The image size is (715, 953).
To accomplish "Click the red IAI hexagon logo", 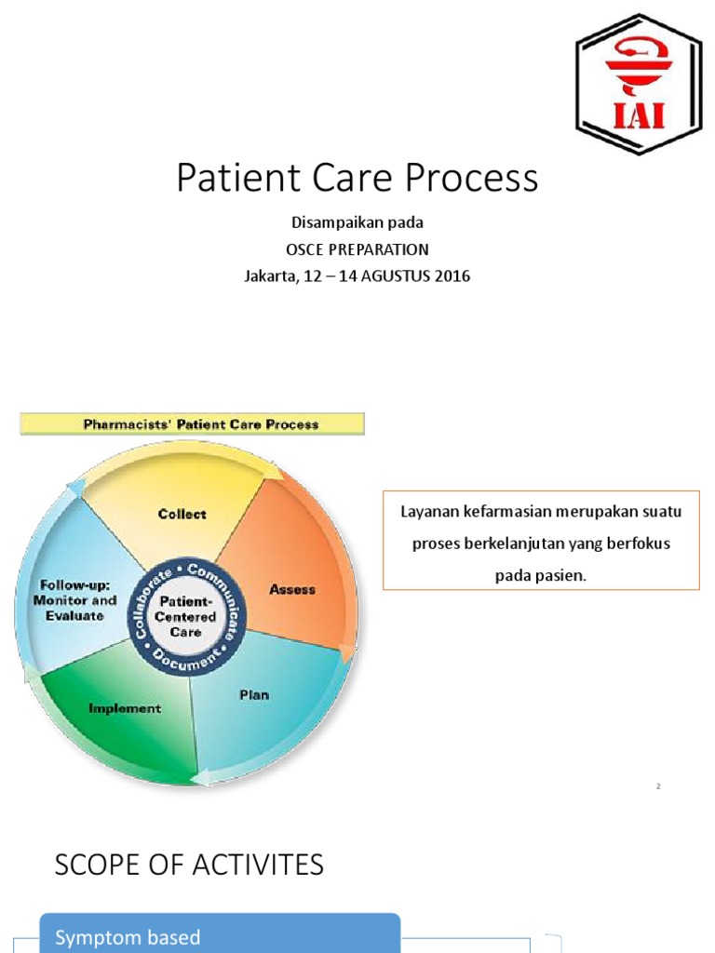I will [638, 85].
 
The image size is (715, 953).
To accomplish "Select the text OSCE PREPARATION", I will [357, 249].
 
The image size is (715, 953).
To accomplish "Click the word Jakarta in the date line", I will [269, 276].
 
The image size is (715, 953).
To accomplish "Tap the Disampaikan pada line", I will [357, 223].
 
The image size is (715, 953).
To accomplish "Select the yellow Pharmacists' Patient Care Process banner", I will [193, 424].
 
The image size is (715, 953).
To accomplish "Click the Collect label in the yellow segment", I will [182, 514].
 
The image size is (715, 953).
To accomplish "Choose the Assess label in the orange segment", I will [292, 589].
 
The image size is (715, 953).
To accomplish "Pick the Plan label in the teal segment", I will [254, 694].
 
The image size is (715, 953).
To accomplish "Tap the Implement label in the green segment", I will [125, 708].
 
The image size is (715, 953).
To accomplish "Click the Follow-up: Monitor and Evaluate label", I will [78, 600].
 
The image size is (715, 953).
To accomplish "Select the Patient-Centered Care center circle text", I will [184, 616].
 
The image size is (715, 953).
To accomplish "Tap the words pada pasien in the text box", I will [541, 575].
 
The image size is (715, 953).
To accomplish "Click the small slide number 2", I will [658, 787].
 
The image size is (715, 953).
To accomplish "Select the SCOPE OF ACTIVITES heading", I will [189, 865].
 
